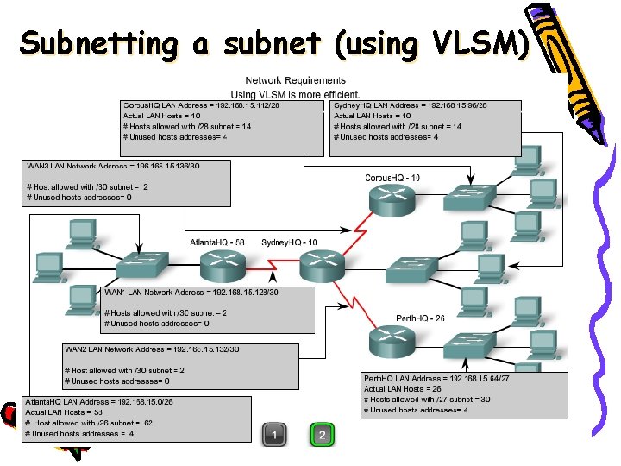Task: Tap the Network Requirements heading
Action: tap(295, 80)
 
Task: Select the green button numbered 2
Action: tap(322, 434)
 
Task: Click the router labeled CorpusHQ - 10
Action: tap(392, 199)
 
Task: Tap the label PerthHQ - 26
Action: tap(420, 318)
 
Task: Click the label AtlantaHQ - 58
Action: tap(216, 242)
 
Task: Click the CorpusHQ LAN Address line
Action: tap(201, 105)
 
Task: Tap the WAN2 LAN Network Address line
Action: tap(152, 349)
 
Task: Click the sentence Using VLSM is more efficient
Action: tap(295, 93)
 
